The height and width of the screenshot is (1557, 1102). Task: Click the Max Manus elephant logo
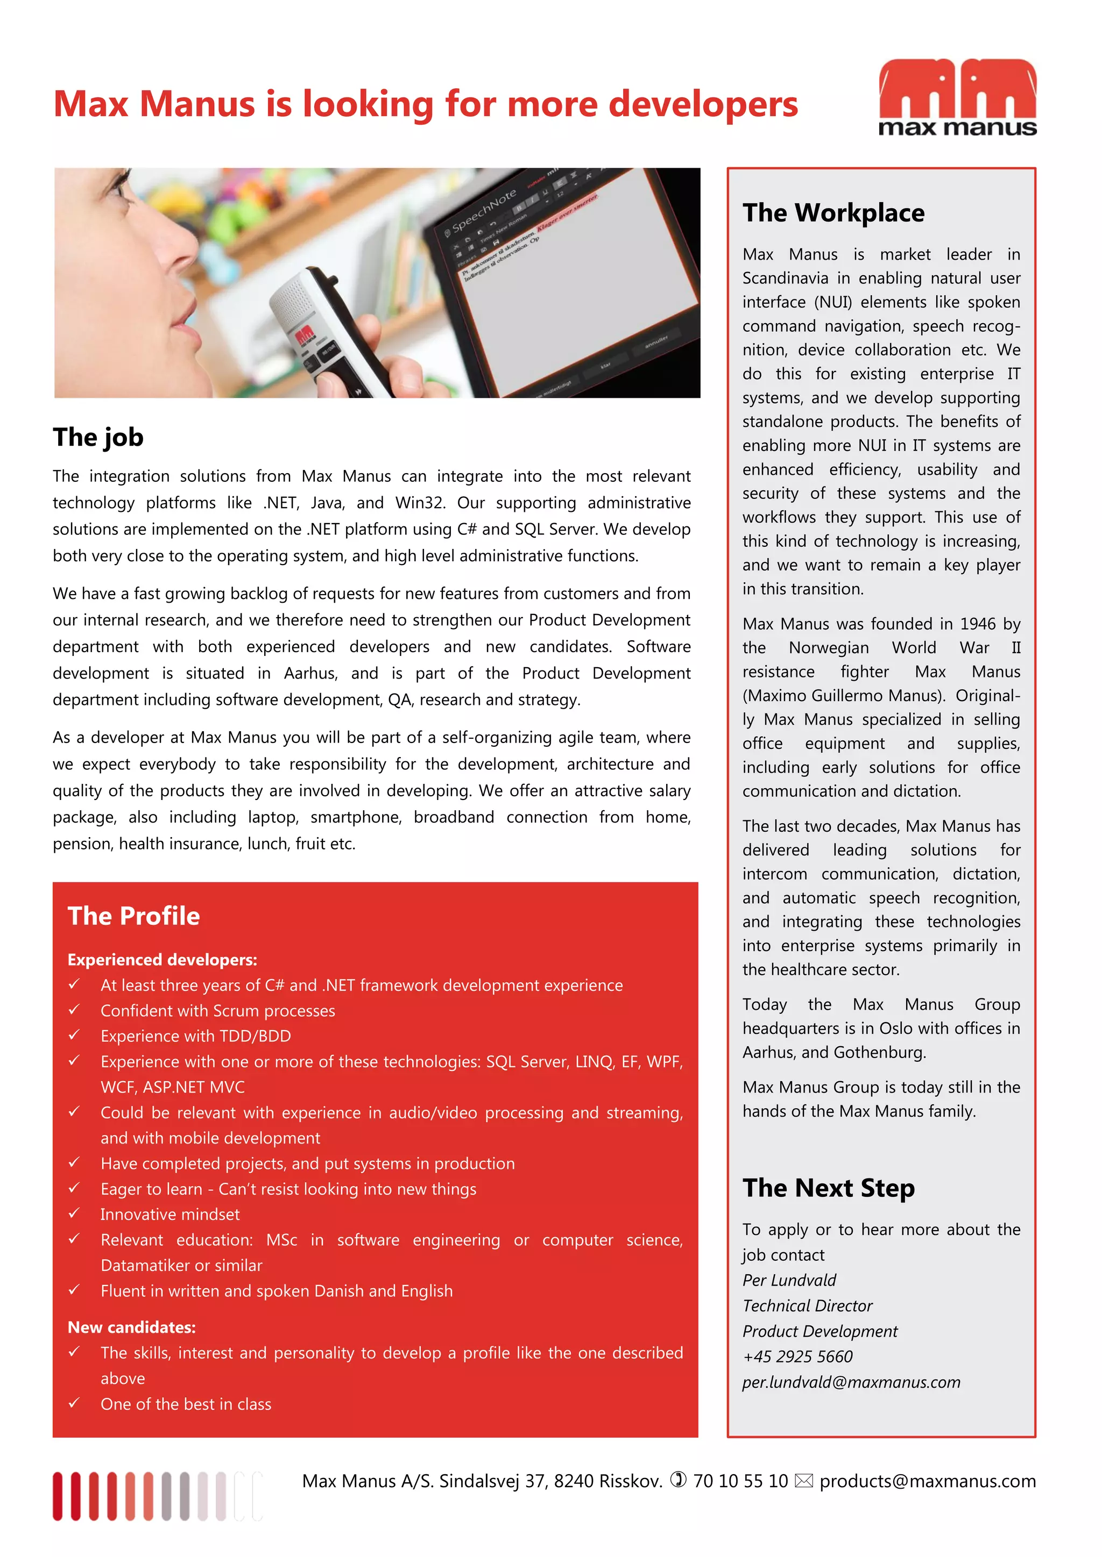tap(957, 97)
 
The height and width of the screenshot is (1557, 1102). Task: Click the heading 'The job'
tap(98, 438)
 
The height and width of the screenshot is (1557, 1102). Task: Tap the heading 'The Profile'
tap(133, 916)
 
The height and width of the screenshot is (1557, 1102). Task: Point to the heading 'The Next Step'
tap(828, 1188)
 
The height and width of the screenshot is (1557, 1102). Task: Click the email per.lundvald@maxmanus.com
tap(851, 1382)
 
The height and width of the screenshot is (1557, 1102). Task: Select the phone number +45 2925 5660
tap(797, 1356)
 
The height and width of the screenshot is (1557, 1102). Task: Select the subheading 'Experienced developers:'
tap(162, 960)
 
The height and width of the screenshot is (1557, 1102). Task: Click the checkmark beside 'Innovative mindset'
tap(74, 1213)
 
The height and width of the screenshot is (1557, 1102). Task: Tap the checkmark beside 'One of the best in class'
tap(74, 1403)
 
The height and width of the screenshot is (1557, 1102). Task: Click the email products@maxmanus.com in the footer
tap(927, 1481)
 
